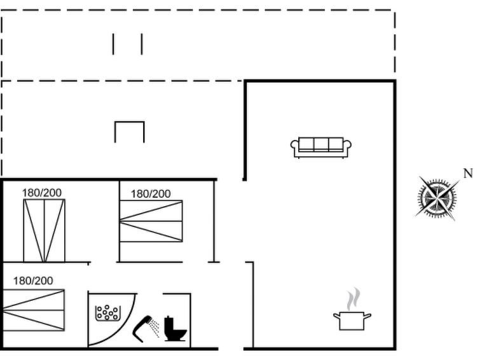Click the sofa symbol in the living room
tap(321, 148)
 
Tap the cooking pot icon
tap(352, 321)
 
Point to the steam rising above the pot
tap(353, 299)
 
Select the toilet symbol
tap(175, 328)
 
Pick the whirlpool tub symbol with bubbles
tap(107, 313)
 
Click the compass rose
tap(437, 198)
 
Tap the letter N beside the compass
tap(468, 174)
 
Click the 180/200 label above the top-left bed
tap(41, 193)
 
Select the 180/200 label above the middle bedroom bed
tap(151, 193)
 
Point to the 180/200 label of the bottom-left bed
tap(33, 280)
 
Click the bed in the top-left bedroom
tap(44, 231)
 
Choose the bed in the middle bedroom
tap(151, 221)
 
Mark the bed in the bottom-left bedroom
tap(33, 310)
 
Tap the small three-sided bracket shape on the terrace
tap(130, 132)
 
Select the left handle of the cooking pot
tap(336, 315)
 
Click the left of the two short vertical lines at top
tap(113, 44)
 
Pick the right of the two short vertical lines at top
tap(142, 44)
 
